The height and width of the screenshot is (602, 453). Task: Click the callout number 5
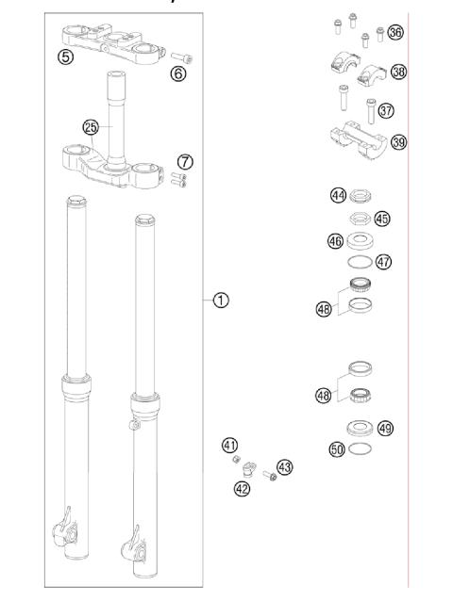click(x=65, y=57)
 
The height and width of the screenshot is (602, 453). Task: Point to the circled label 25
click(x=91, y=125)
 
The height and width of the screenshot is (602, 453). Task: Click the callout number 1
click(x=220, y=301)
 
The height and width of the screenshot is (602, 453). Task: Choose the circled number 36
click(x=395, y=33)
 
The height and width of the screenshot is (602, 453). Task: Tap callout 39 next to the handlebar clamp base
click(x=398, y=142)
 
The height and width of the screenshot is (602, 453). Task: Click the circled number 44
click(x=337, y=195)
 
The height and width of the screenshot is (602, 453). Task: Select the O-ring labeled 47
click(x=360, y=262)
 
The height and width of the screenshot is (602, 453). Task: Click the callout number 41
click(x=229, y=444)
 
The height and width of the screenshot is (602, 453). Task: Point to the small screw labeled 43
click(x=270, y=475)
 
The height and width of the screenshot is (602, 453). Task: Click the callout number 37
click(x=385, y=110)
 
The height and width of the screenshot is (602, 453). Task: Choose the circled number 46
click(x=334, y=241)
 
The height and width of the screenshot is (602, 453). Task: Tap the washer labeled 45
click(x=361, y=220)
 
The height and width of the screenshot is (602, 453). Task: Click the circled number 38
click(x=398, y=72)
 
